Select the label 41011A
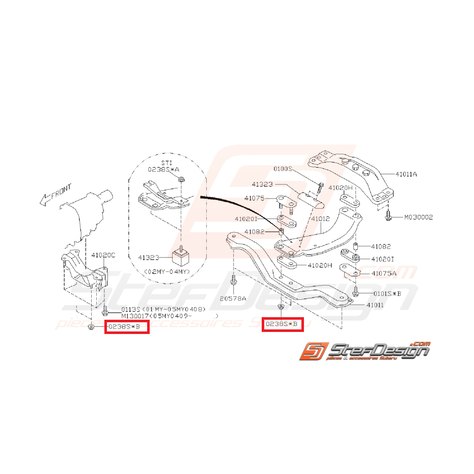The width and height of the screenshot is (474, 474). tap(407, 174)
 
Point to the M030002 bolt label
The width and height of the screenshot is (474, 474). tap(419, 217)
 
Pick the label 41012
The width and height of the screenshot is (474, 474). tap(321, 219)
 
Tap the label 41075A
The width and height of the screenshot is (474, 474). tap(384, 273)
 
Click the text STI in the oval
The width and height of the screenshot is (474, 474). tap(160, 162)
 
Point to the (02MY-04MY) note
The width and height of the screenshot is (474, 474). tap(167, 272)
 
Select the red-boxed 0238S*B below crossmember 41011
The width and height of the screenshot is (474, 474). tap(283, 324)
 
